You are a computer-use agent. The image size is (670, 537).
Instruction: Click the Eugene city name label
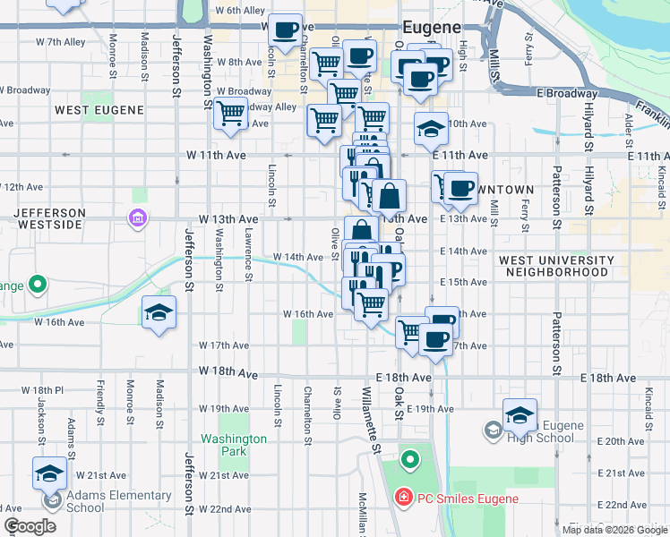click(x=432, y=28)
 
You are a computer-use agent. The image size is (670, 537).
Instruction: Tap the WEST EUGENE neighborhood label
click(x=99, y=110)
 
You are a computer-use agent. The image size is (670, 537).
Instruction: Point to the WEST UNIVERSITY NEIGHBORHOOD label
click(x=556, y=266)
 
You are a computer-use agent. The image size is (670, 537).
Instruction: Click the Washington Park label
click(x=234, y=445)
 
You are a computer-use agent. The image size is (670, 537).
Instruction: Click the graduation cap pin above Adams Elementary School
click(x=49, y=472)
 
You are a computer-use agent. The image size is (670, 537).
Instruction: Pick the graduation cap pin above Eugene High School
click(x=520, y=413)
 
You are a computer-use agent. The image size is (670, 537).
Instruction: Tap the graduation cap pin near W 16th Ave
click(x=159, y=312)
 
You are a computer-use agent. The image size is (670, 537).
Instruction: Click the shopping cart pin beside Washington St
click(x=231, y=114)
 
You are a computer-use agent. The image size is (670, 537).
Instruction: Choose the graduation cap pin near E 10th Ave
click(x=431, y=129)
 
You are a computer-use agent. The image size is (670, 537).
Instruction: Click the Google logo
click(x=30, y=526)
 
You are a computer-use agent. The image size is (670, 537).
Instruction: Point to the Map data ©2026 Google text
click(x=614, y=530)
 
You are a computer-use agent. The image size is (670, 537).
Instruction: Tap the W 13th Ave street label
click(x=228, y=219)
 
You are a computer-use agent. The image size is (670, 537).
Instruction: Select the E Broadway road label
click(x=567, y=93)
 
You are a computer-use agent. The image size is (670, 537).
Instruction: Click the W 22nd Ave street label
click(x=225, y=509)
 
